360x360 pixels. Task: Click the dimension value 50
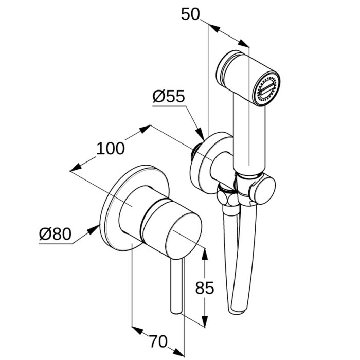pos(190,14)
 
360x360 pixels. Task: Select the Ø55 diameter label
pos(169,96)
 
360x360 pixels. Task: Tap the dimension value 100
pos(111,148)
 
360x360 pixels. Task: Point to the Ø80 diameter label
pos(55,234)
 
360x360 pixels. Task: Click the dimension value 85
pos(205,287)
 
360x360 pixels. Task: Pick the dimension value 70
pos(158,341)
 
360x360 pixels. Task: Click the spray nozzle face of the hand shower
pos(266,90)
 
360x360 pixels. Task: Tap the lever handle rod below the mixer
pos(176,286)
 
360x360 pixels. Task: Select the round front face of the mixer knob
pos(184,237)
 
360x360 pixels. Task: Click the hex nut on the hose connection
pos(228,198)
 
